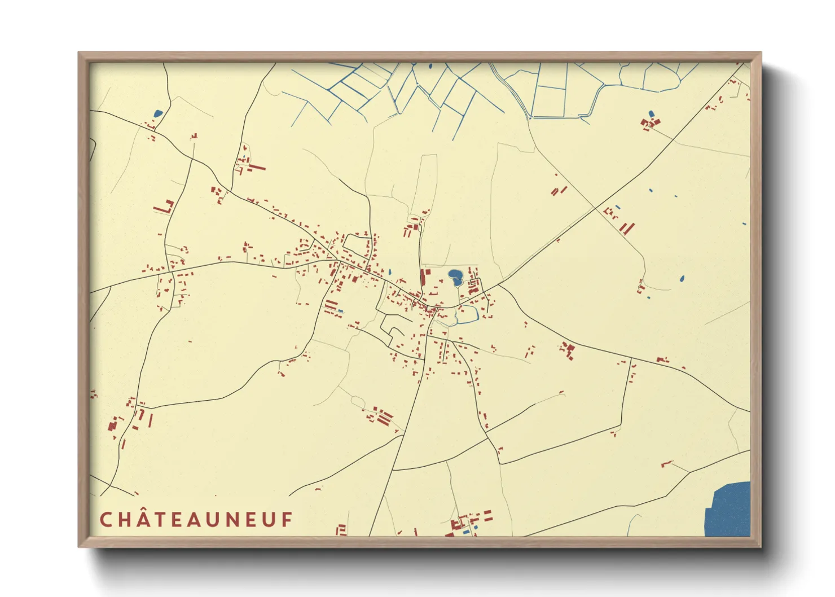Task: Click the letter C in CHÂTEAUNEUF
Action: coord(106,520)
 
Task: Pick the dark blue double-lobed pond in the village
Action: coord(455,277)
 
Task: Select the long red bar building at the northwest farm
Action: coord(257,168)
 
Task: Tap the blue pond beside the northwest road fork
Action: coord(158,113)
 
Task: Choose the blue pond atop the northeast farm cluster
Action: coord(652,114)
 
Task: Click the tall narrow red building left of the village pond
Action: coord(423,278)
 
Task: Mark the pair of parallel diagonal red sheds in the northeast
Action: coord(627,228)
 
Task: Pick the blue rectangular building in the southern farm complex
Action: coord(465,532)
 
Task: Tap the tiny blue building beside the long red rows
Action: coord(340,310)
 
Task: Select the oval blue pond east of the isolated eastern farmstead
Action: coord(682,278)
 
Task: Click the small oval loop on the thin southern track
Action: coord(358,401)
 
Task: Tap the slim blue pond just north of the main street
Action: coord(389,271)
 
